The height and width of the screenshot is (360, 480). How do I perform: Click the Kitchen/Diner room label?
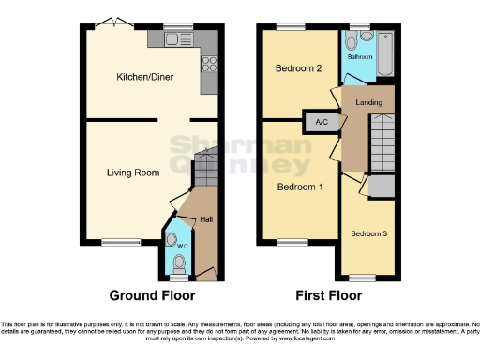point(141,78)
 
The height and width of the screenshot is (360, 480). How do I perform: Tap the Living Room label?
point(130,172)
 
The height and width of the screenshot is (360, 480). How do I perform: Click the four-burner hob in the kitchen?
point(210,65)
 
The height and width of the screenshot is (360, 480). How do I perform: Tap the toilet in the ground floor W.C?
point(179,261)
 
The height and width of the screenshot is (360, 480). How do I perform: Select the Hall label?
point(205,219)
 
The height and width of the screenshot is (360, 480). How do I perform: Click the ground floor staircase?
point(206,174)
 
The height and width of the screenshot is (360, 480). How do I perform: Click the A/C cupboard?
point(321,122)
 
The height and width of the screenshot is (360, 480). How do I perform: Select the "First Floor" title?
point(331,295)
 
